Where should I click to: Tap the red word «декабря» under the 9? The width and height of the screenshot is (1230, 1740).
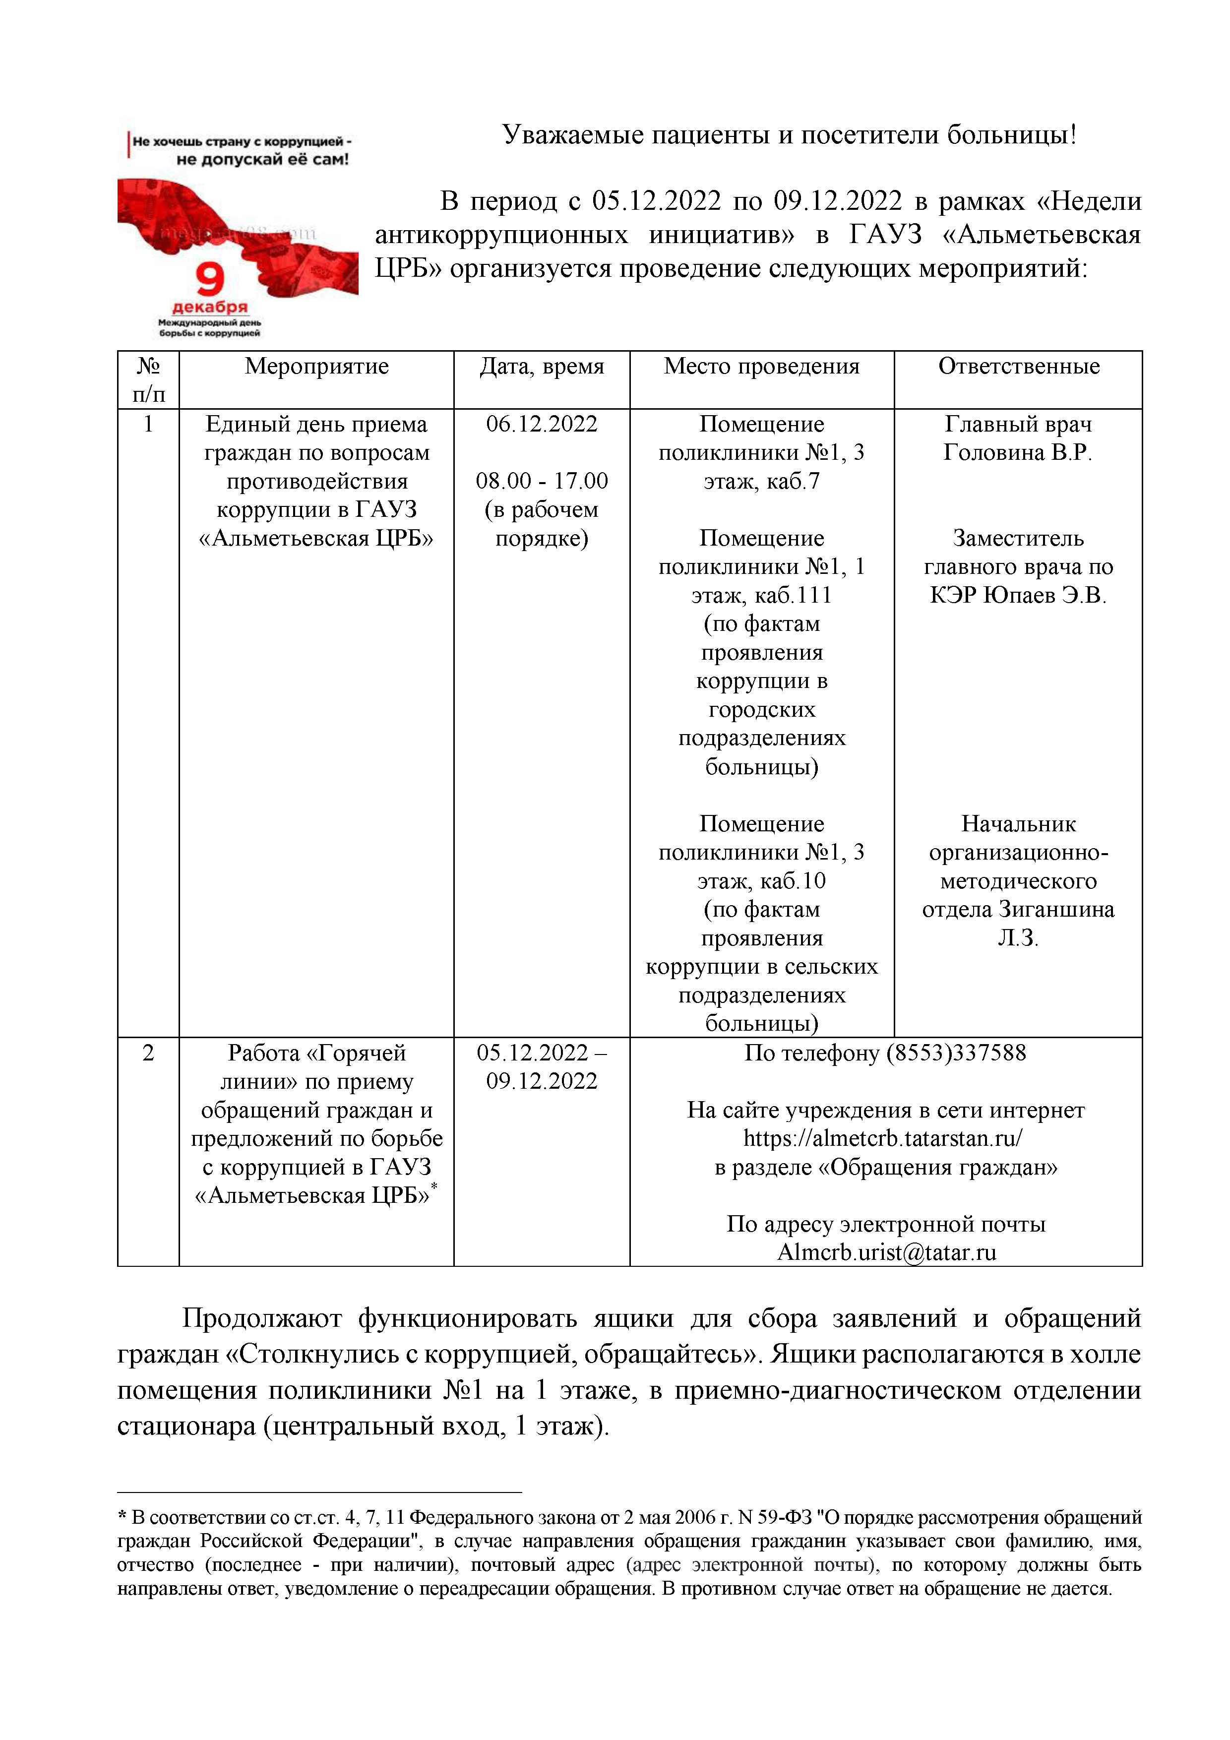tap(210, 307)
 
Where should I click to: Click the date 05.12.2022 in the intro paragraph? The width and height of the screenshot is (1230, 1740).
tap(656, 201)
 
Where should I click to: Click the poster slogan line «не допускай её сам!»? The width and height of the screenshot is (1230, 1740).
tap(262, 160)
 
